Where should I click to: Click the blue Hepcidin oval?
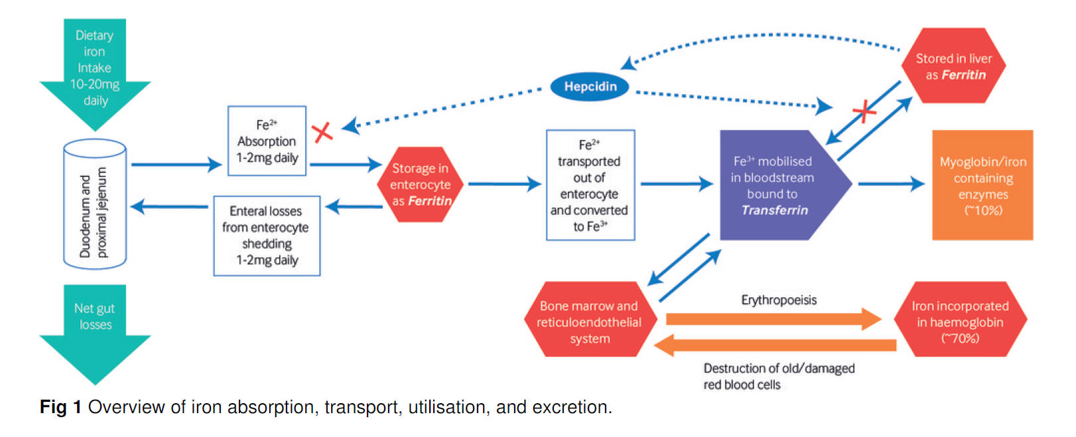pos(590,86)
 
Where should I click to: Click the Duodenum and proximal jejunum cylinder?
pos(95,205)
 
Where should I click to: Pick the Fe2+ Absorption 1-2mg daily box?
pos(267,141)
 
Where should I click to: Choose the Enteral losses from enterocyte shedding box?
pos(267,235)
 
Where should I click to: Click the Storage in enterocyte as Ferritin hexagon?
pos(421,184)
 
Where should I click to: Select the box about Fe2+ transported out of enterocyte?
pos(590,185)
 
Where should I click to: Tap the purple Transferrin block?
pos(776,185)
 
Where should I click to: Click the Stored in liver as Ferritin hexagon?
pos(954,66)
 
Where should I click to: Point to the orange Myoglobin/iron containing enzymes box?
pos(982,185)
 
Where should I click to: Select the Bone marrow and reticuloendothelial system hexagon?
pos(590,321)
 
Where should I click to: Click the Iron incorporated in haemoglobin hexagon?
pos(960,321)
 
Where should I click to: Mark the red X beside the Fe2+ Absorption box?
pos(322,133)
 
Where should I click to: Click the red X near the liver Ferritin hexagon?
pos(864,111)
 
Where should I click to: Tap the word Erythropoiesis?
pos(779,300)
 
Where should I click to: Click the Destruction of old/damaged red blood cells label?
pos(779,376)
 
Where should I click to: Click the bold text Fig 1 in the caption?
pos(60,407)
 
